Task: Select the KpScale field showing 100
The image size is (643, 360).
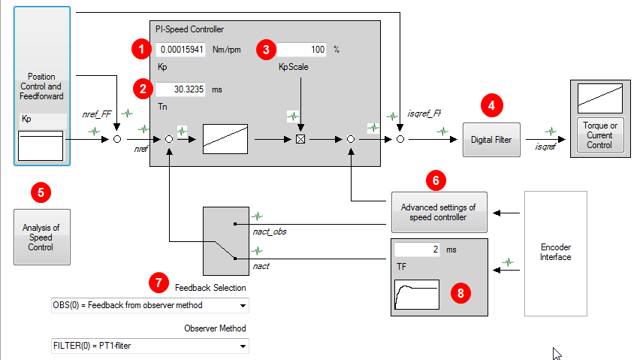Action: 303,50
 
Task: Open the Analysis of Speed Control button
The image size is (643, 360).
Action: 41,237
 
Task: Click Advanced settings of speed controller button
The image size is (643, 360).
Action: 439,212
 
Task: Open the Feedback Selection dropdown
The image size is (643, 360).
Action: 149,305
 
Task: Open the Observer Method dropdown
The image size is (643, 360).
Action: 149,346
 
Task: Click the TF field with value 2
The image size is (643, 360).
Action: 417,249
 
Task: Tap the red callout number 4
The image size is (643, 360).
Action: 491,105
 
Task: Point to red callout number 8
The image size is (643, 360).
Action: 462,293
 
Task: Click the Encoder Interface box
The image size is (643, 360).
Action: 556,252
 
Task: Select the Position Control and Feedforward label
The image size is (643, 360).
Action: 41,86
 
